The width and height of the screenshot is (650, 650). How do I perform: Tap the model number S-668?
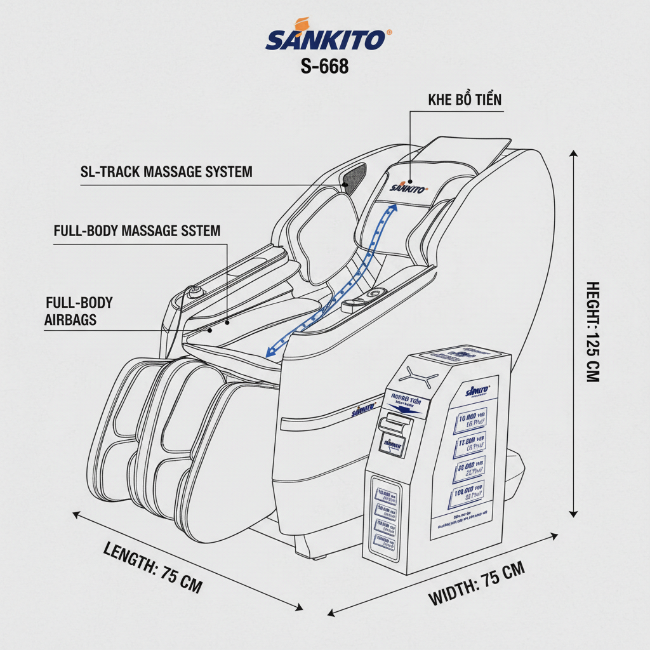pos(324,66)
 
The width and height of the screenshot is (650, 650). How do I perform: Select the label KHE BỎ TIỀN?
pos(465,100)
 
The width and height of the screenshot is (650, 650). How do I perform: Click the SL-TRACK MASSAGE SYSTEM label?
pos(166,171)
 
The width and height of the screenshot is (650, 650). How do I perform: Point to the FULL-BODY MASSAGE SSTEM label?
pos(137,230)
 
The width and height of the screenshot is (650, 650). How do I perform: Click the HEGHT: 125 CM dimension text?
pos(592,331)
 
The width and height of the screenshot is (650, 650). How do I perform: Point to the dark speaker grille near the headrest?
pos(355,176)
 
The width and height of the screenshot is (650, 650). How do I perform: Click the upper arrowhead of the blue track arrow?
pos(394,208)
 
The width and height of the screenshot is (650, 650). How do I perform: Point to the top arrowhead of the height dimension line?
pos(574,154)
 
